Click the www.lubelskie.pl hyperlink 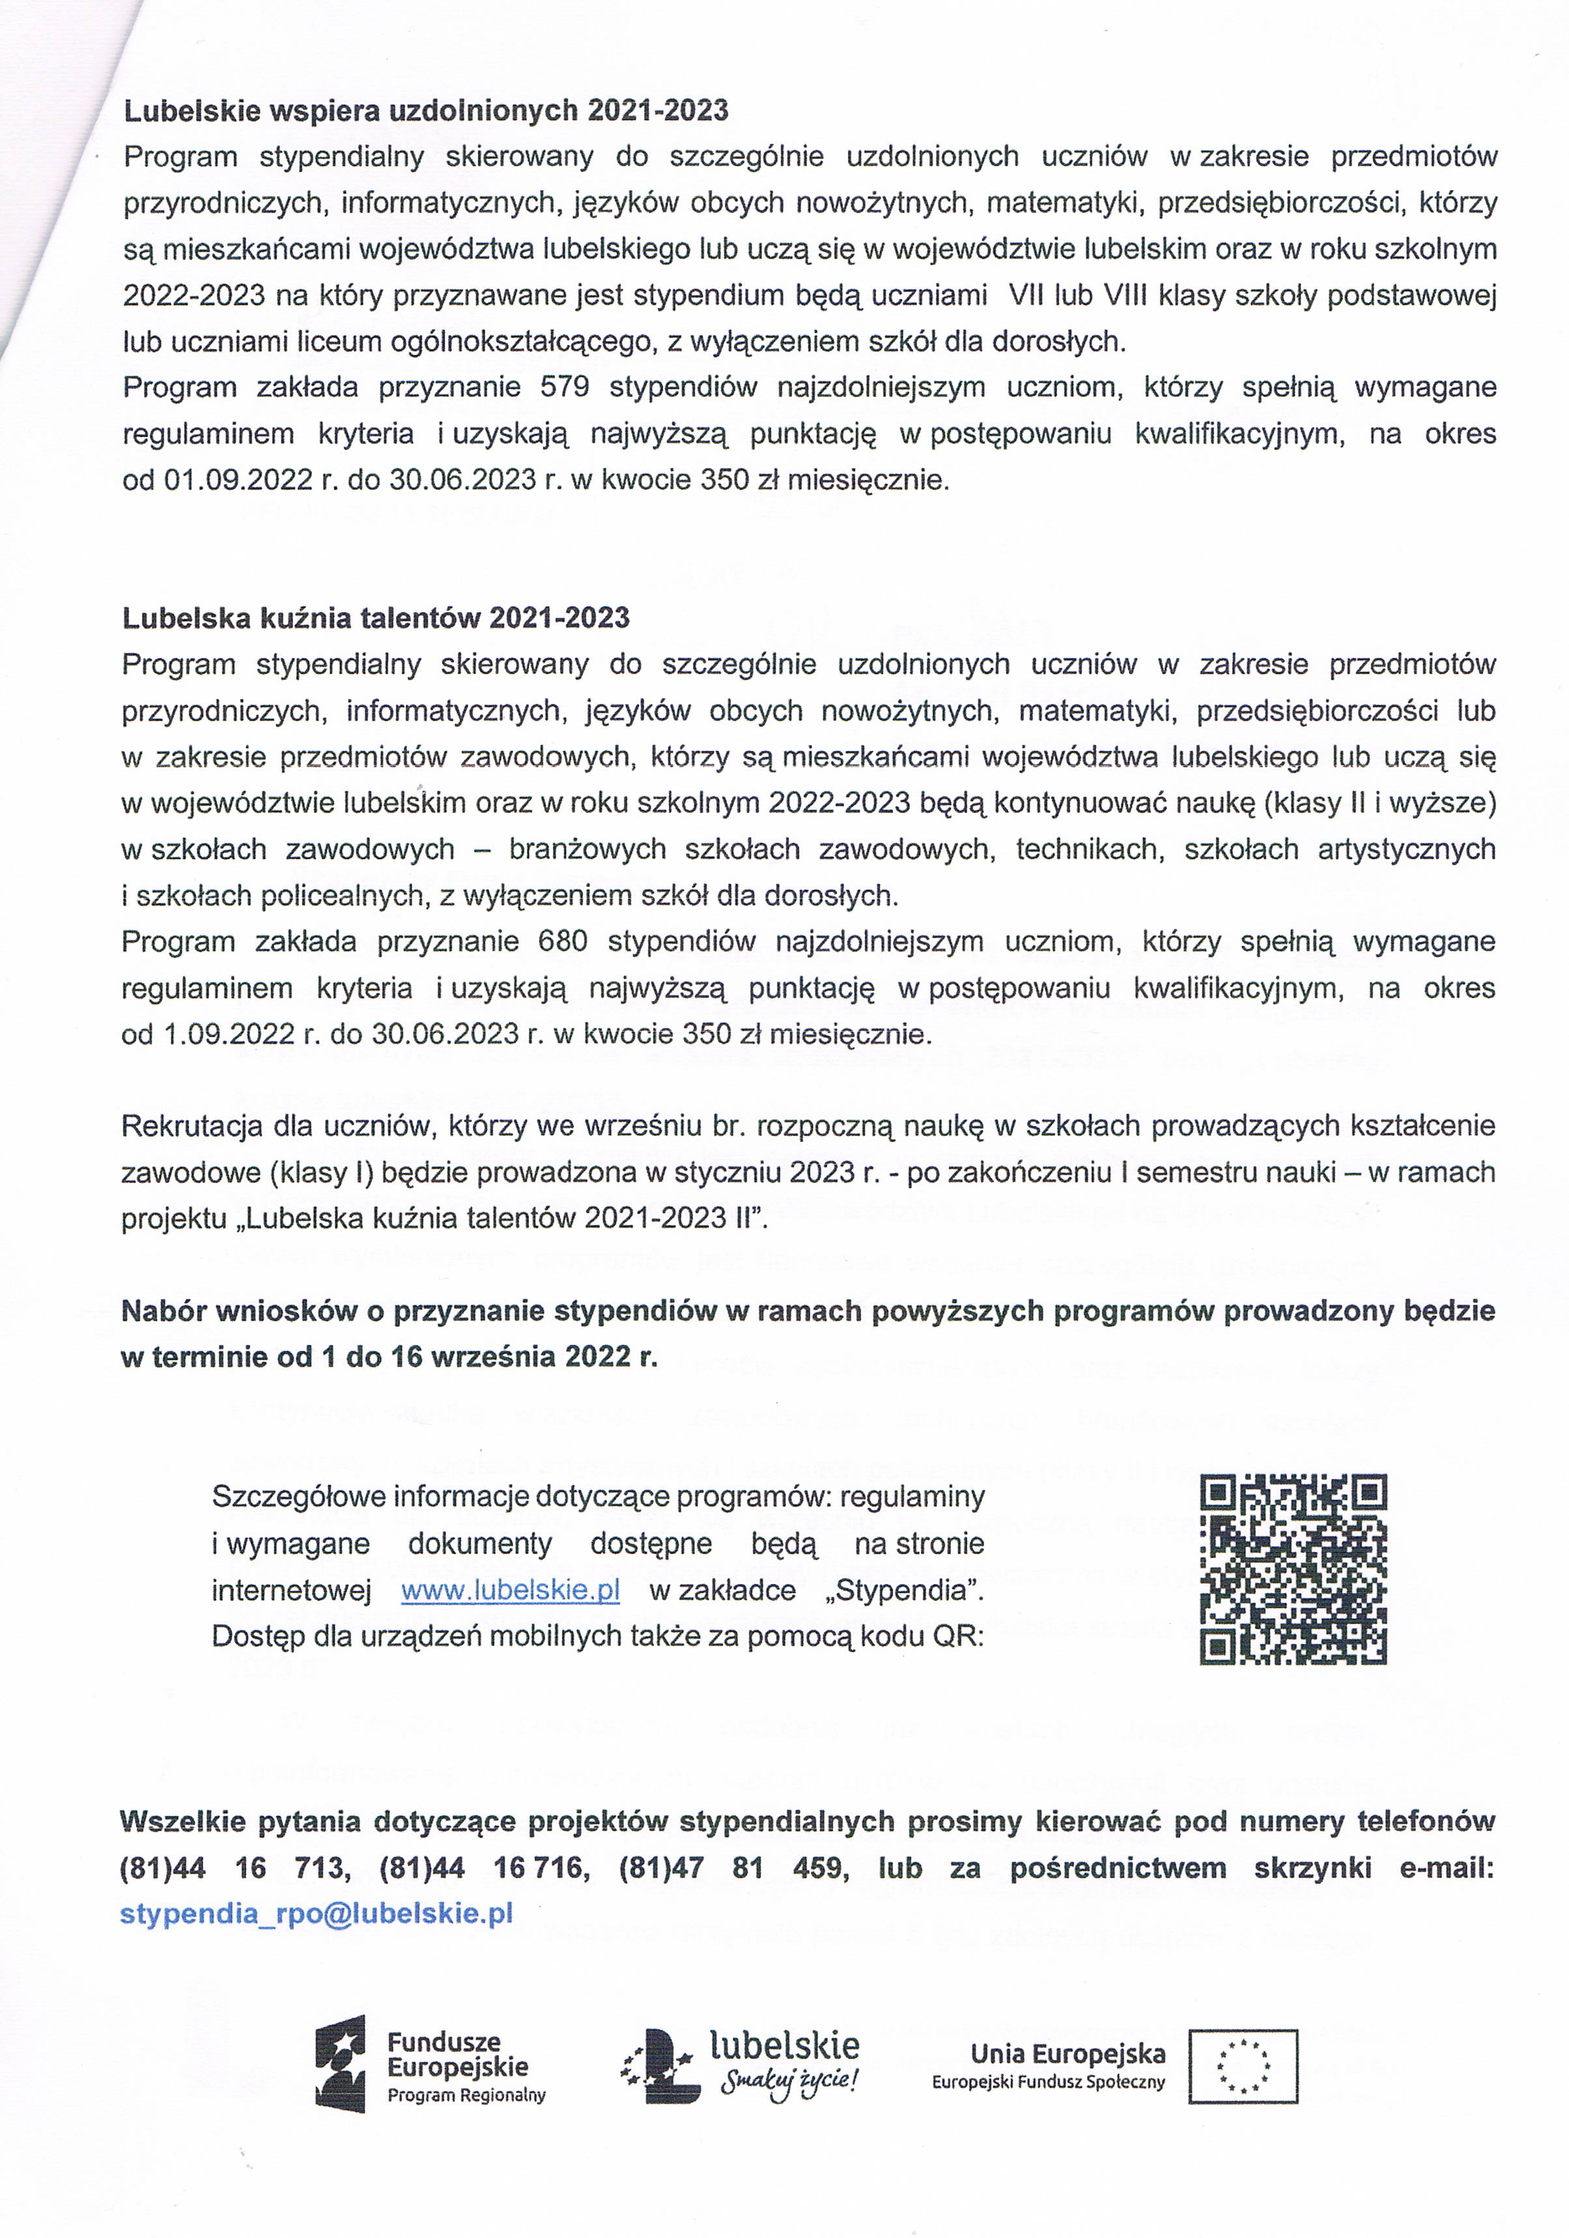coord(511,1590)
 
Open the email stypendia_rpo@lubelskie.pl coord(317,1914)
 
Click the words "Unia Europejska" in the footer coord(1067,2053)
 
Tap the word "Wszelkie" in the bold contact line coord(184,1820)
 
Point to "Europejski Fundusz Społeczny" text coord(1047,2083)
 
